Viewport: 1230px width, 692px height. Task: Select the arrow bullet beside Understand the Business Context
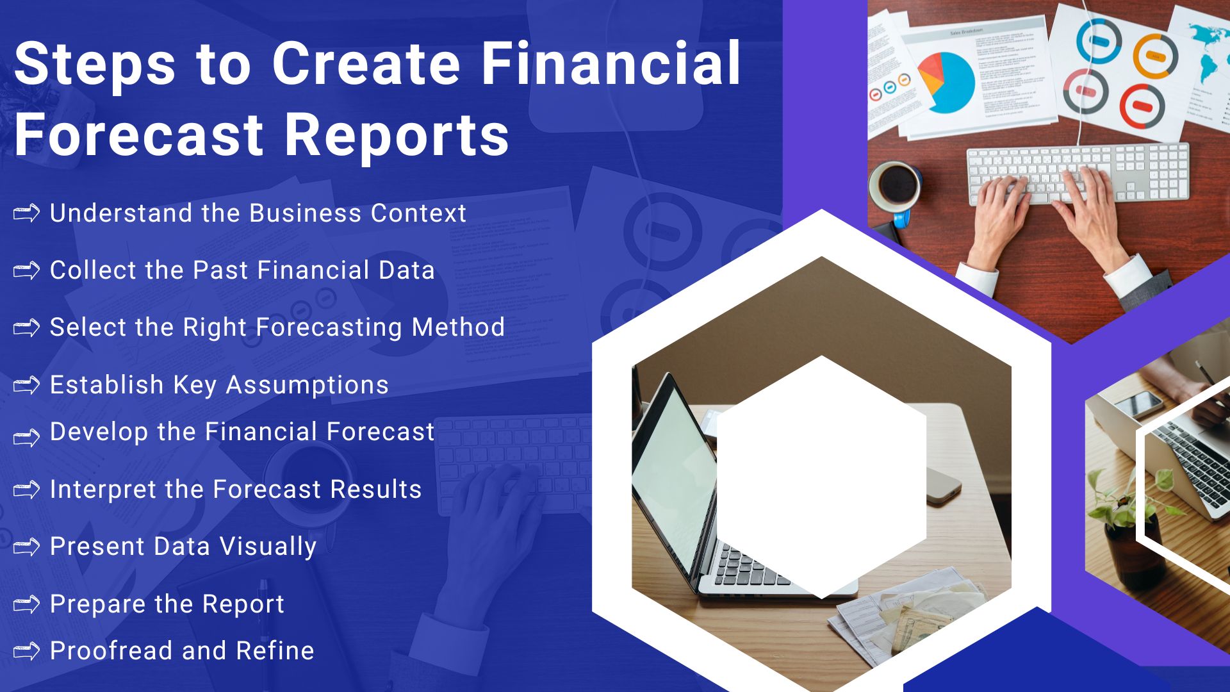coord(26,213)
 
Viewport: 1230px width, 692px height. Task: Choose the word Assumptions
coord(307,385)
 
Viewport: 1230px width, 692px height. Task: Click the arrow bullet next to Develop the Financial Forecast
coord(26,438)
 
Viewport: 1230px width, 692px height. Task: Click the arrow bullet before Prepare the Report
coord(26,604)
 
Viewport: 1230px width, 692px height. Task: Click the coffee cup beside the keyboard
coord(895,186)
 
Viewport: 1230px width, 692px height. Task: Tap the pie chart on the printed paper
coord(946,82)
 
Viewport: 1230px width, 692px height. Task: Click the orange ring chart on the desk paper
coord(1155,56)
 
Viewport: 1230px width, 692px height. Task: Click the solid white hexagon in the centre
coord(821,477)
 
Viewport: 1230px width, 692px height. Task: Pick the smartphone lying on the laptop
coord(1138,405)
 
